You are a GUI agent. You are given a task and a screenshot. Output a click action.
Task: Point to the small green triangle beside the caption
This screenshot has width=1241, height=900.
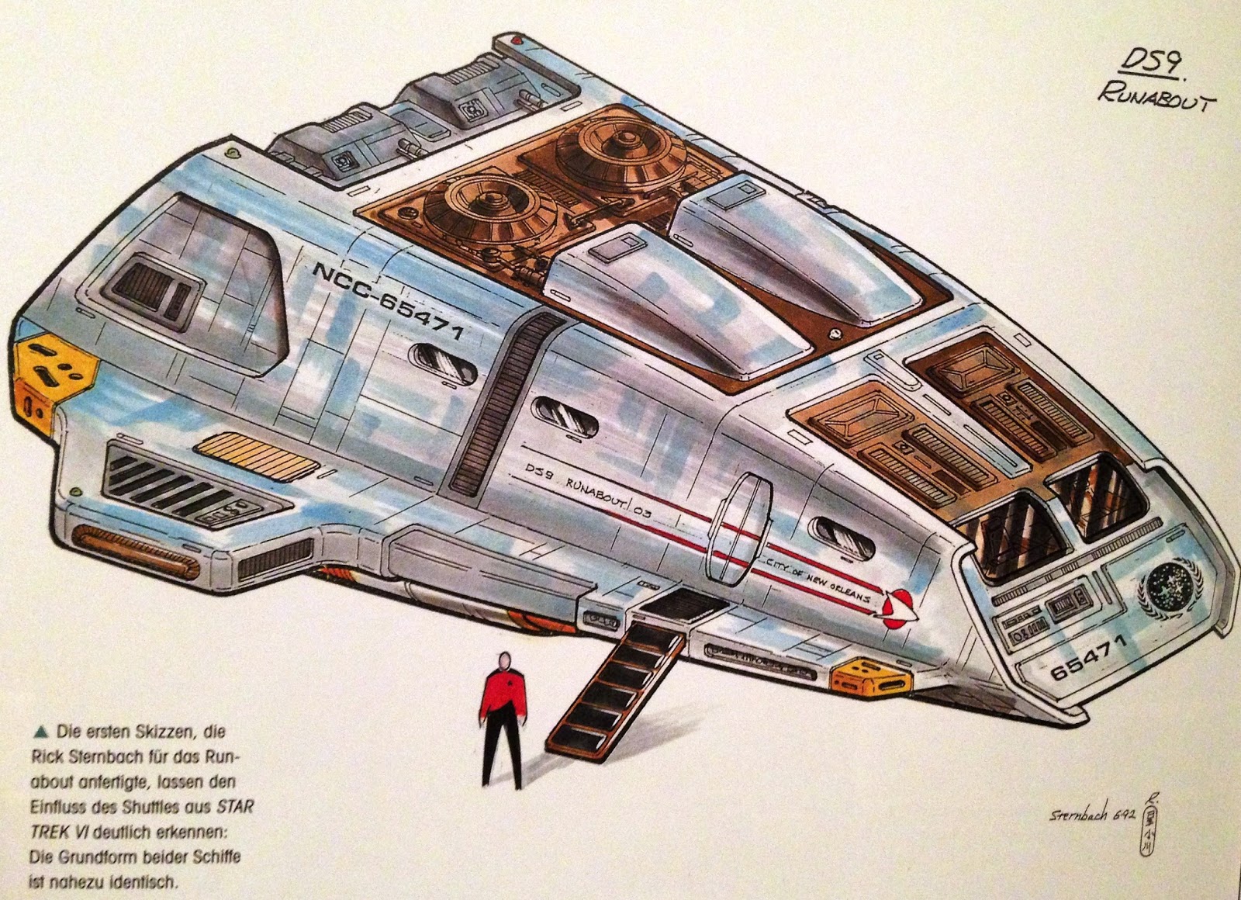pyautogui.click(x=40, y=731)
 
